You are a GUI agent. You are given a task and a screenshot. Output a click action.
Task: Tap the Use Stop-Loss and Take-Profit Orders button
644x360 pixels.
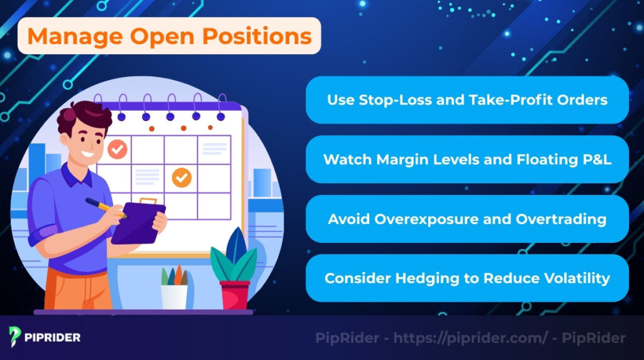pos(467,100)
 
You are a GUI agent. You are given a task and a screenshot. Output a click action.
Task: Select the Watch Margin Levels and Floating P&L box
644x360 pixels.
pos(467,160)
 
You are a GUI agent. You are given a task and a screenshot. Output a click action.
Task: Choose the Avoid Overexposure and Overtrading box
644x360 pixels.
pos(467,219)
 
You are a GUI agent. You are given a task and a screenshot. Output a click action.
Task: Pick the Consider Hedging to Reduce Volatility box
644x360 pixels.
pos(467,278)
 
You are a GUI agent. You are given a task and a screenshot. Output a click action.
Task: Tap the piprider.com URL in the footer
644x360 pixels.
pos(471,338)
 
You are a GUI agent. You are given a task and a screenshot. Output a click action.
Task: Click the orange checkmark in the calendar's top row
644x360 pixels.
pos(116,150)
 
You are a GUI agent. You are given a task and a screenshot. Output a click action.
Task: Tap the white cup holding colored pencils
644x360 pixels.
pos(174,296)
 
